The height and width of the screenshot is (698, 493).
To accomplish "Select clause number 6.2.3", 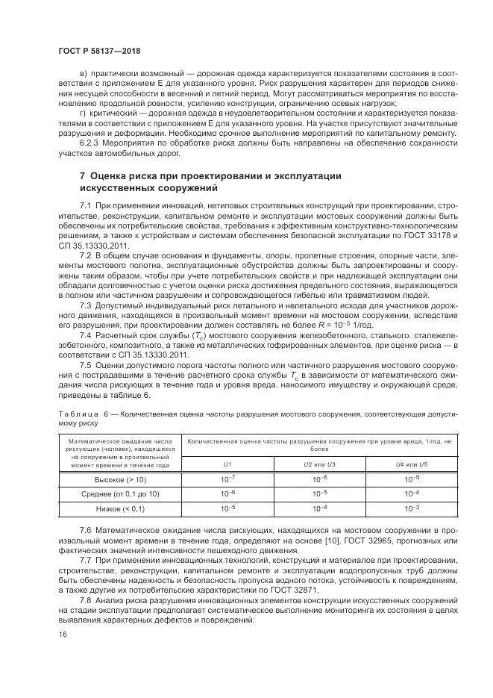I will click(91, 143).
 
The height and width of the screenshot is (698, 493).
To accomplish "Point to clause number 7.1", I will click(85, 205).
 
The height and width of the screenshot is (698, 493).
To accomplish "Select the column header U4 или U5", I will click(412, 464).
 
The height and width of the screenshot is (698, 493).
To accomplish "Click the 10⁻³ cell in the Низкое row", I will click(412, 508).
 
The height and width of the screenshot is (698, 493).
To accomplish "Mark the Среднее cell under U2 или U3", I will click(319, 493).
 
